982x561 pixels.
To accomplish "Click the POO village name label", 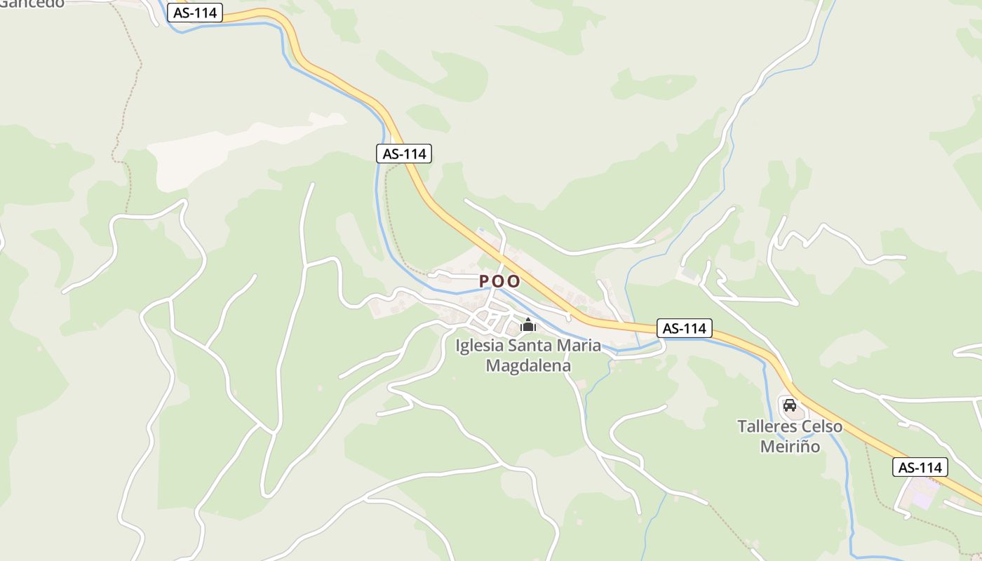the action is [499, 282].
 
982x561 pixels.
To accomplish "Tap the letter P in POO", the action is [484, 282].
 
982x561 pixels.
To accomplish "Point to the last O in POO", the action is [514, 282].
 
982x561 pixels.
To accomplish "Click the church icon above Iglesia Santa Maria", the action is [528, 325].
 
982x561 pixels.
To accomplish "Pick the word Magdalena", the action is [528, 366].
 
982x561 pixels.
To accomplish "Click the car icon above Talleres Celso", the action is [789, 405].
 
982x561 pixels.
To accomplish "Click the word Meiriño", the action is [790, 447].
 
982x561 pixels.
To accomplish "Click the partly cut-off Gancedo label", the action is [32, 4].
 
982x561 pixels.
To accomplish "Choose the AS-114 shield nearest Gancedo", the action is [194, 13].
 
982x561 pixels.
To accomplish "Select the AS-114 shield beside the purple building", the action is [920, 468].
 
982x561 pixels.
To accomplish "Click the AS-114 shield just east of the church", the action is [685, 328].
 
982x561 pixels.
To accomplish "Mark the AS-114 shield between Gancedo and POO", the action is [404, 154].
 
